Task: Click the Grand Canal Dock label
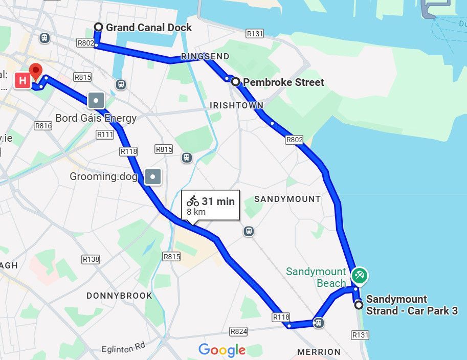pyautogui.click(x=149, y=27)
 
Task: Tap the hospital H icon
pyautogui.click(x=22, y=81)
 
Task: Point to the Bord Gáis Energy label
pyautogui.click(x=96, y=118)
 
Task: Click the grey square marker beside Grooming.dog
pyautogui.click(x=153, y=177)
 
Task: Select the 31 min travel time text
pyautogui.click(x=218, y=201)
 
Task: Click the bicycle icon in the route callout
pyautogui.click(x=193, y=201)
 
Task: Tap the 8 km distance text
pyautogui.click(x=196, y=212)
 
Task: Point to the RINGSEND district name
pyautogui.click(x=205, y=56)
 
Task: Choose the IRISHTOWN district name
pyautogui.click(x=236, y=105)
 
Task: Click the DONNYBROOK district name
pyautogui.click(x=119, y=296)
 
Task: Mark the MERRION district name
pyautogui.click(x=319, y=352)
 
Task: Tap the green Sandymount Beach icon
pyautogui.click(x=360, y=276)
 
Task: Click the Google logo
pyautogui.click(x=222, y=350)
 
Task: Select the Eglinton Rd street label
pyautogui.click(x=123, y=348)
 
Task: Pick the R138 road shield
pyautogui.click(x=91, y=259)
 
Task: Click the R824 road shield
pyautogui.click(x=239, y=331)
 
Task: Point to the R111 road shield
pyautogui.click(x=105, y=134)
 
